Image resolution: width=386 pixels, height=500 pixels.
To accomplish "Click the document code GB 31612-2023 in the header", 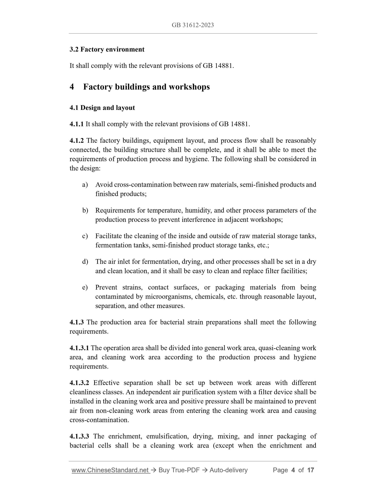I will [x=193, y=25].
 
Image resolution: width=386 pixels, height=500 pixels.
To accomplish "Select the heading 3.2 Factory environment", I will [x=107, y=49].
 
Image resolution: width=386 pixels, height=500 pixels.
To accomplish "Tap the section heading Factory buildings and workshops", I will [x=146, y=87].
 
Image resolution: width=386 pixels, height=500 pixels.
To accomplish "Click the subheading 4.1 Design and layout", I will [x=102, y=108].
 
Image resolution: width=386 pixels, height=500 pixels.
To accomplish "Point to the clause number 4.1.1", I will [x=76, y=124].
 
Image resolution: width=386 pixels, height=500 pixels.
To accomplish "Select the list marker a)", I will [x=85, y=185].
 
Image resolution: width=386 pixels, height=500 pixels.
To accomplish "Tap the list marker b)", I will [x=85, y=210].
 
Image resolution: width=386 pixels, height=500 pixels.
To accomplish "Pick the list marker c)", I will [x=85, y=236].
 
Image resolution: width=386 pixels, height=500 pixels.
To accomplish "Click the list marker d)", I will [x=85, y=262].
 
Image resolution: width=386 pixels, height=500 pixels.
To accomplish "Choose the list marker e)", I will [x=85, y=287].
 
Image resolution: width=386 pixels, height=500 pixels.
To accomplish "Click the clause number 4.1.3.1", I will [x=79, y=348].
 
